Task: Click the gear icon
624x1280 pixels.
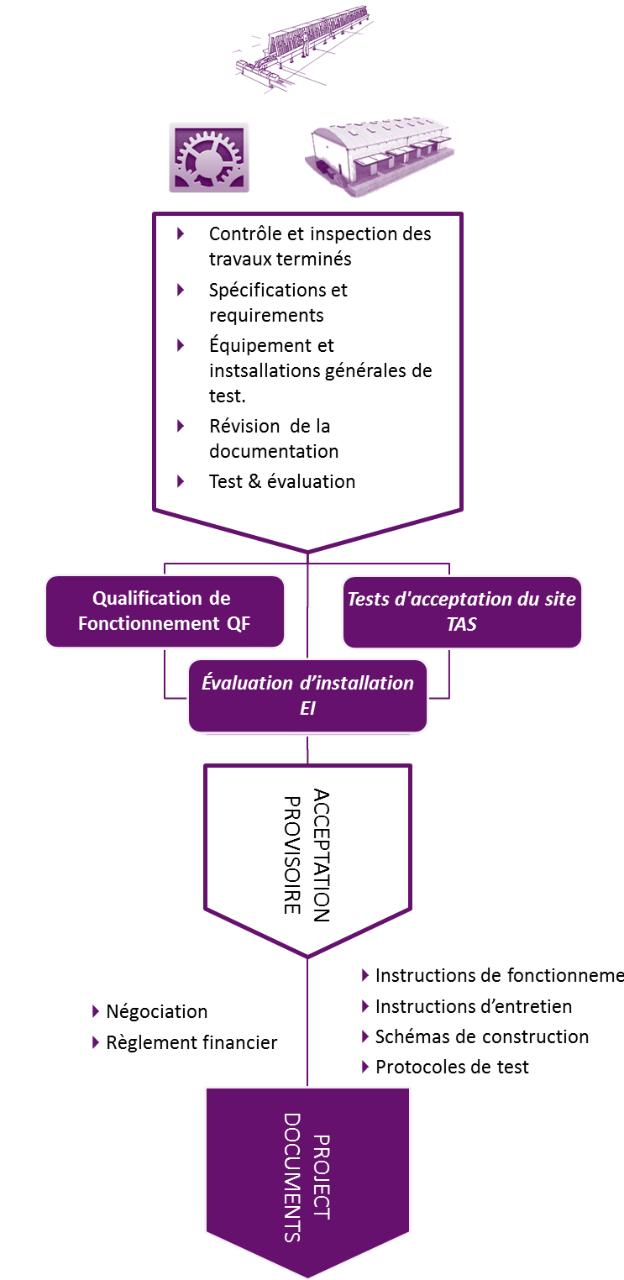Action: coord(209,157)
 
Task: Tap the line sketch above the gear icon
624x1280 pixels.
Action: coord(305,48)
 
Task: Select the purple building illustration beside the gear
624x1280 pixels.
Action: coord(380,158)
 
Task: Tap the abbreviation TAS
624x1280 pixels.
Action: coord(462,624)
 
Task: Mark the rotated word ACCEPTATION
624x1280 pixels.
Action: coord(322,855)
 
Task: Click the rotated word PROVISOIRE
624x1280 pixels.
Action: coord(292,855)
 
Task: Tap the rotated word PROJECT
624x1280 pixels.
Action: coord(322,1177)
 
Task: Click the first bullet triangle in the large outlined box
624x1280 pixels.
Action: coord(181,233)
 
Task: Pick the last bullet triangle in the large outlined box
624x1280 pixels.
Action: coord(181,481)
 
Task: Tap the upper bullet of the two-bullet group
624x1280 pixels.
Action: coord(96,1010)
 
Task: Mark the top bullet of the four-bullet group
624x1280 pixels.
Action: coord(365,975)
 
